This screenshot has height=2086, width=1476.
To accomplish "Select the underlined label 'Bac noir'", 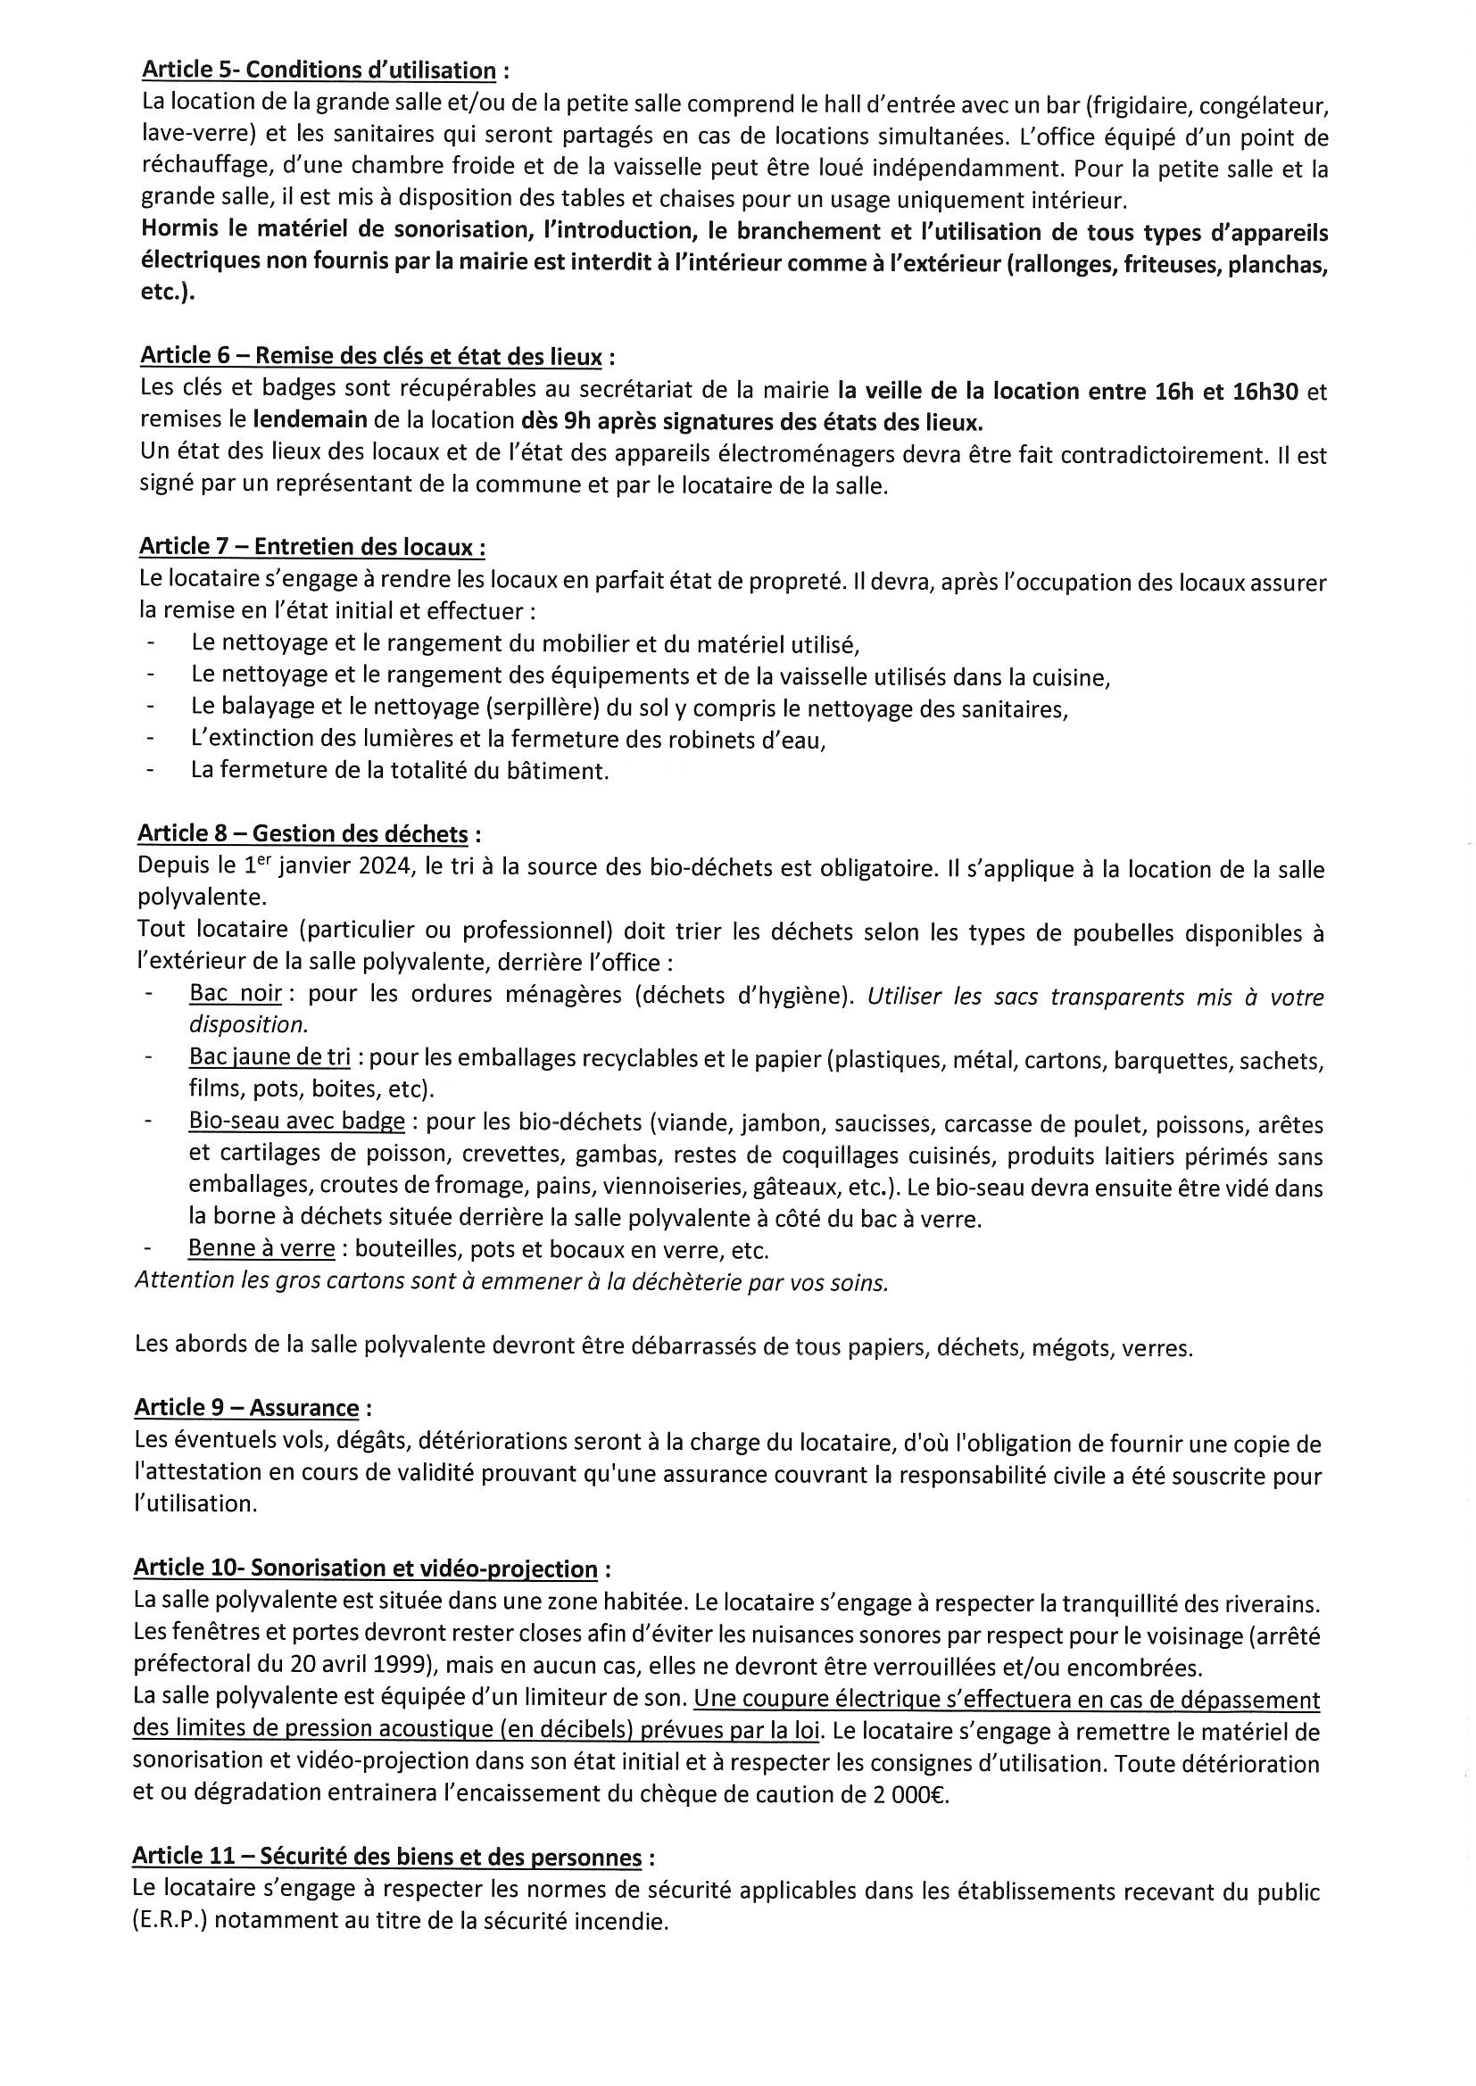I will pos(236,993).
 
